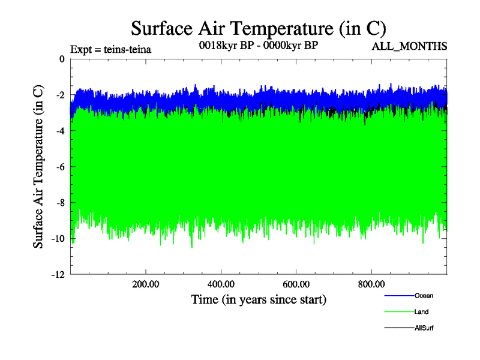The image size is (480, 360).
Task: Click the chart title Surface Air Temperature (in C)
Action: point(258,28)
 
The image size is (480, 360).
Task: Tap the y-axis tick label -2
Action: point(61,95)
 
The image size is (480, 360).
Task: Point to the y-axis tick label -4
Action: point(61,131)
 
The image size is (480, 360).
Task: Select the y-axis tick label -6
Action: point(61,167)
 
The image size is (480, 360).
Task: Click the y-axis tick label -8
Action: point(61,203)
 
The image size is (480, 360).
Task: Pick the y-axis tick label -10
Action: point(59,239)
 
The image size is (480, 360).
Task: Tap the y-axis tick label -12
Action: point(59,274)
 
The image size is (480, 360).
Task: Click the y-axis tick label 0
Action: point(62,59)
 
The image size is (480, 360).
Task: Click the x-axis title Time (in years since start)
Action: point(259,299)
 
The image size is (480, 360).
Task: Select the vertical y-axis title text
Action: point(38,167)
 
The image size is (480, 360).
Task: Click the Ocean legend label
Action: point(423,295)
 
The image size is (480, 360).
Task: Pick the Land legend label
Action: point(421,311)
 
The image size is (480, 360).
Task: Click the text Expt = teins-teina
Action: point(110,49)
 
